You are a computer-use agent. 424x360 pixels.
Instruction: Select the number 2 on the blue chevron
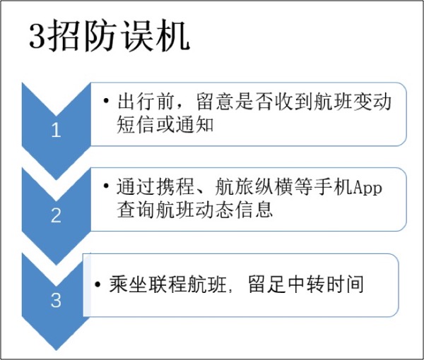pos(57,216)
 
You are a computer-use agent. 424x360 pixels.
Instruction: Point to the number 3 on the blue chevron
pos(57,301)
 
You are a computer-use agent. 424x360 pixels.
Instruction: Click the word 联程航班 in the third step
pos(187,284)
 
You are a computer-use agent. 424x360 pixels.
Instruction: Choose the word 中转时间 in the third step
pos(328,284)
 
